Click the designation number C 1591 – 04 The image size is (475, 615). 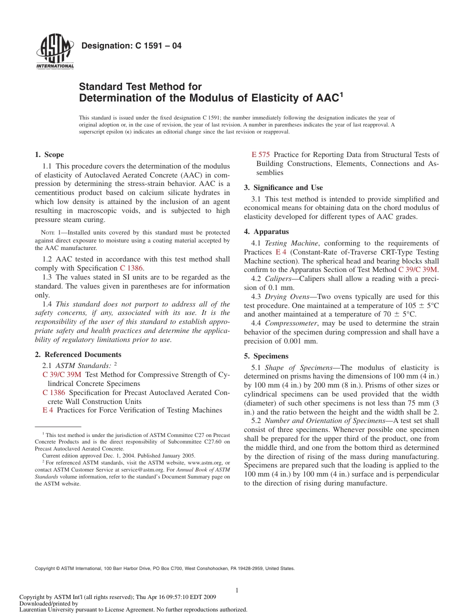[x=131, y=46]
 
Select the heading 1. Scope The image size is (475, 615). [x=49, y=154]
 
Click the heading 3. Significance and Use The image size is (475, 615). [x=283, y=187]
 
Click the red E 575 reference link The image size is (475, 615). [x=260, y=154]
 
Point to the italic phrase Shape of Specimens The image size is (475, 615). [x=298, y=367]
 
